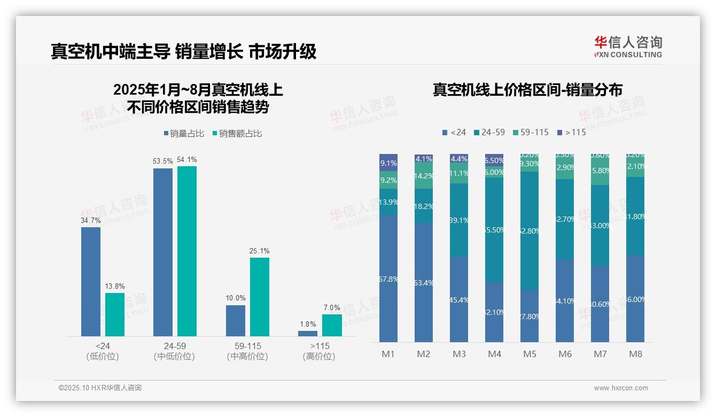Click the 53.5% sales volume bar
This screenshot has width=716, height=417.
point(163,252)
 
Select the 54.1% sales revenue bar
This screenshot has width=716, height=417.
point(187,251)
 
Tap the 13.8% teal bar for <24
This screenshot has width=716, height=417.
point(114,314)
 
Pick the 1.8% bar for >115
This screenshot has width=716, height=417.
point(308,334)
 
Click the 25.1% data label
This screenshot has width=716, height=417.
point(260,251)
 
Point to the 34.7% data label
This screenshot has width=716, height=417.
point(90,220)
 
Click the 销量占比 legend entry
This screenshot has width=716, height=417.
point(184,134)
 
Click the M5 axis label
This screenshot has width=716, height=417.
point(530,354)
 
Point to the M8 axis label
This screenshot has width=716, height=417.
point(635,354)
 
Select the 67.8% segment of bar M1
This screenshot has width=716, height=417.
point(388,279)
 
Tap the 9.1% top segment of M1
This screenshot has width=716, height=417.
point(388,163)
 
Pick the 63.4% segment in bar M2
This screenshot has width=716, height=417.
point(424,282)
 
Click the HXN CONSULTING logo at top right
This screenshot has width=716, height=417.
point(628,47)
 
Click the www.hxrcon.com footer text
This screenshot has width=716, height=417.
point(621,388)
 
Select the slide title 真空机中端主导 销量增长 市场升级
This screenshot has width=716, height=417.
point(184,51)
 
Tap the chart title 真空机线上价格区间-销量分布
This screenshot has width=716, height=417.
point(527,90)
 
